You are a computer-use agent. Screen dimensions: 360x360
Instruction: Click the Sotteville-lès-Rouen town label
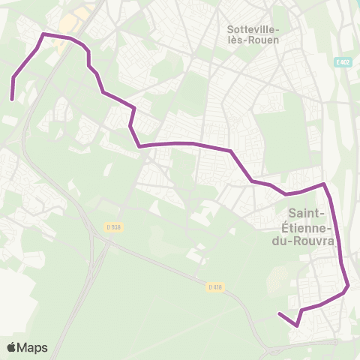[252, 34]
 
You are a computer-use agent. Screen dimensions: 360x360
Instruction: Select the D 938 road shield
[112, 227]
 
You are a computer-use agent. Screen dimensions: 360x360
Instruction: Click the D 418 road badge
[215, 286]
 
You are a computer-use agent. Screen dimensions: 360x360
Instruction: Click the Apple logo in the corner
[13, 347]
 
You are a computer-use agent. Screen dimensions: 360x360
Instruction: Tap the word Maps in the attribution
[33, 347]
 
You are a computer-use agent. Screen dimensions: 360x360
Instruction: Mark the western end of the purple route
[12, 98]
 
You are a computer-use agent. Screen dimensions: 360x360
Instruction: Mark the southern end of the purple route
[279, 313]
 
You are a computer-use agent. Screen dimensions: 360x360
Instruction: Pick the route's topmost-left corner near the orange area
[44, 34]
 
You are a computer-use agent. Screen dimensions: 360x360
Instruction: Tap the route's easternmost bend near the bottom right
[349, 286]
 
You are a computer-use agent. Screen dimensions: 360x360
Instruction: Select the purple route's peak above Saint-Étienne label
[323, 183]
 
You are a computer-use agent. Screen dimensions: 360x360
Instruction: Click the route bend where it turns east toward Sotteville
[139, 147]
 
